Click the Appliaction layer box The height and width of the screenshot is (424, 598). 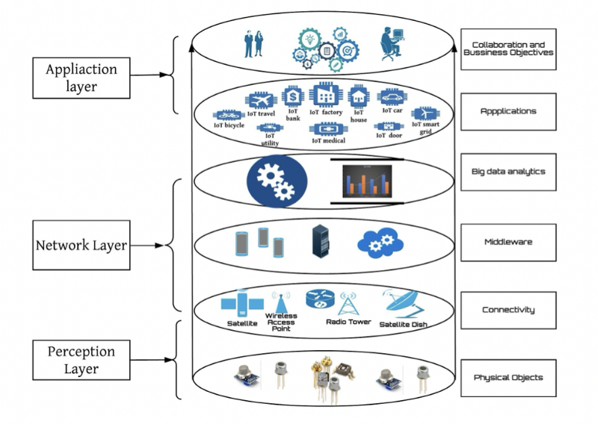coord(81,77)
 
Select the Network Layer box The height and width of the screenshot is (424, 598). coord(81,245)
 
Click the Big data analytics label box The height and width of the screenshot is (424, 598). coord(508,172)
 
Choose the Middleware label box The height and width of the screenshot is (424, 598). coord(508,242)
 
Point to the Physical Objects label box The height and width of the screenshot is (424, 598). coord(508,378)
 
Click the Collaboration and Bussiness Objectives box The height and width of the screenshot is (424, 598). coord(508,49)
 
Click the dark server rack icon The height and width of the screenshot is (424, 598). coord(321,241)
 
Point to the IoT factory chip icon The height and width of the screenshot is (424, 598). coord(325,95)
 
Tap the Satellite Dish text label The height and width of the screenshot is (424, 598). coord(404,324)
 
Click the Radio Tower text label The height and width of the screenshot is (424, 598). coord(348,322)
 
